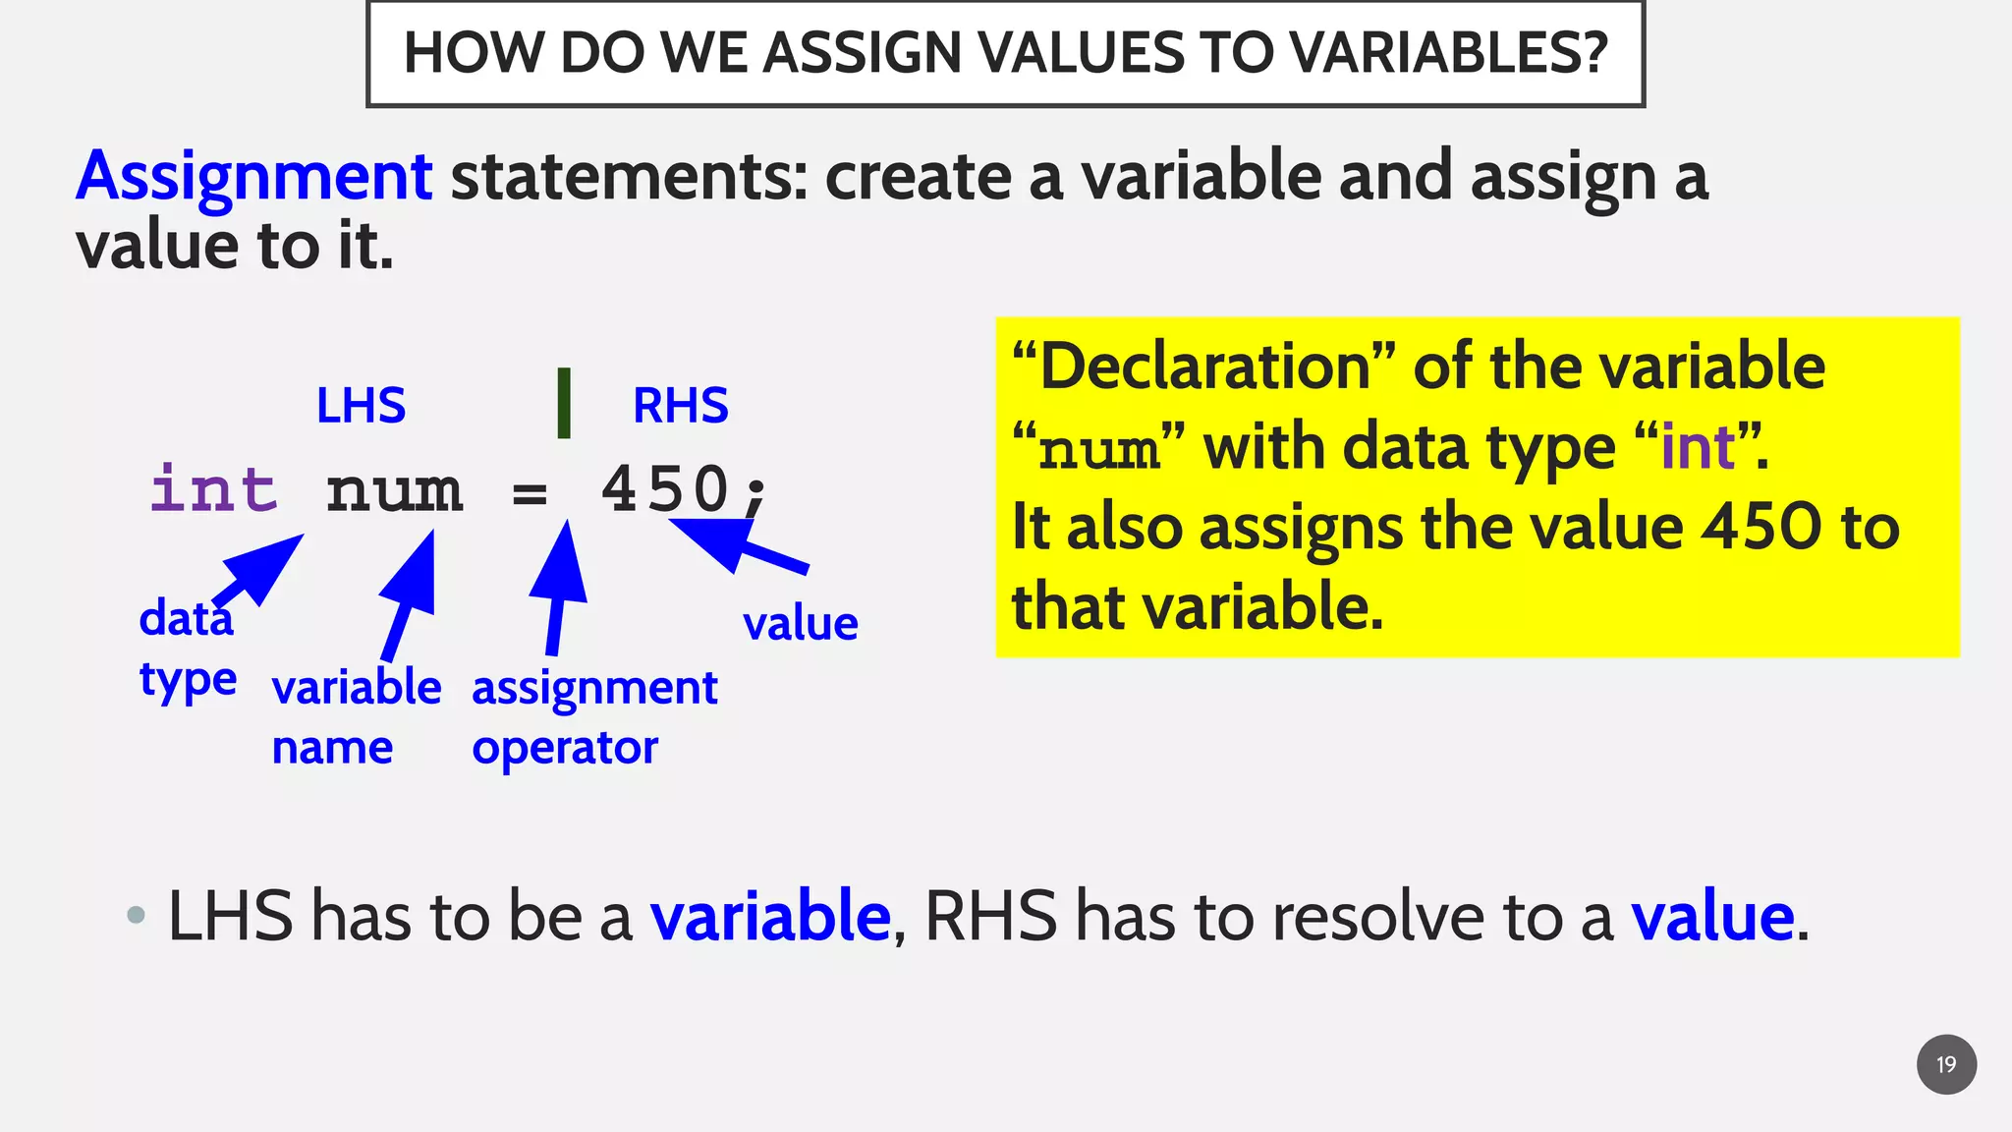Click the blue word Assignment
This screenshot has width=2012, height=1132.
click(253, 177)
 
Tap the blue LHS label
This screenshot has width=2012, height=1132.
click(361, 405)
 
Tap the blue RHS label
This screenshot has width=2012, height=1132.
click(680, 405)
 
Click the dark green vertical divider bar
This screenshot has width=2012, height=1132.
click(564, 403)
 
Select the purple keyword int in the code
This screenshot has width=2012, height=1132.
click(214, 489)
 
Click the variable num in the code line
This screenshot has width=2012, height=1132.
click(394, 489)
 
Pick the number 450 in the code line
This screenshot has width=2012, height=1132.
click(665, 489)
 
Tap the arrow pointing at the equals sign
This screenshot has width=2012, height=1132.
click(559, 586)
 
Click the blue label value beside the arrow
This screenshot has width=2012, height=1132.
click(800, 623)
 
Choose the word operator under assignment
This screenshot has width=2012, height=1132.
click(564, 749)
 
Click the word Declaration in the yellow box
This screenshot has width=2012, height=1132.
click(1204, 367)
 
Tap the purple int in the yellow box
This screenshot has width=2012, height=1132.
click(1698, 447)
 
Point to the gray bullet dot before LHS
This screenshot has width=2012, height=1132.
click(137, 916)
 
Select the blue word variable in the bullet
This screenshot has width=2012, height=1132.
click(770, 916)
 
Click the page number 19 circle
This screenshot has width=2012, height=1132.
click(1946, 1064)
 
